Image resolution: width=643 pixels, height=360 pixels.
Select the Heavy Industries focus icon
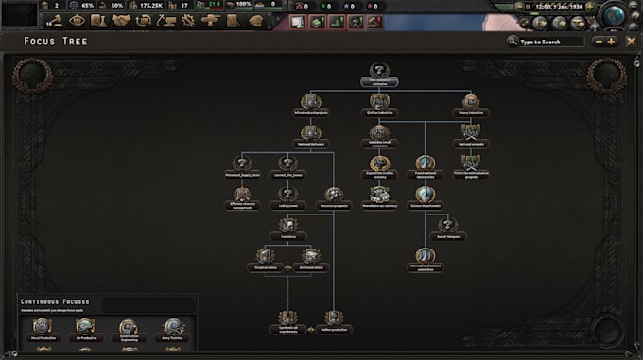470,102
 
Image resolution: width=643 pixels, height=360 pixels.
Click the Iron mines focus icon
287,224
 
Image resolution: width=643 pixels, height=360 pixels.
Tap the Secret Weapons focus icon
449,224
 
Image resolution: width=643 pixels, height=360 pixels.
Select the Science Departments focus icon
425,194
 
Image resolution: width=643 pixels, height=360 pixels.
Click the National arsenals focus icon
470,133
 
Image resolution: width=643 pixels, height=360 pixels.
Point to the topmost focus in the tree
378,72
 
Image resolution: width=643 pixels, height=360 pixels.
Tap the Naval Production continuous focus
43,327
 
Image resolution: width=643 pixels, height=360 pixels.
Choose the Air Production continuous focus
85,327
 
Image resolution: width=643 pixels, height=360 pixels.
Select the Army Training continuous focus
171,327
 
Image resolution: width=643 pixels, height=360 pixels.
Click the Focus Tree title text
51,42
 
